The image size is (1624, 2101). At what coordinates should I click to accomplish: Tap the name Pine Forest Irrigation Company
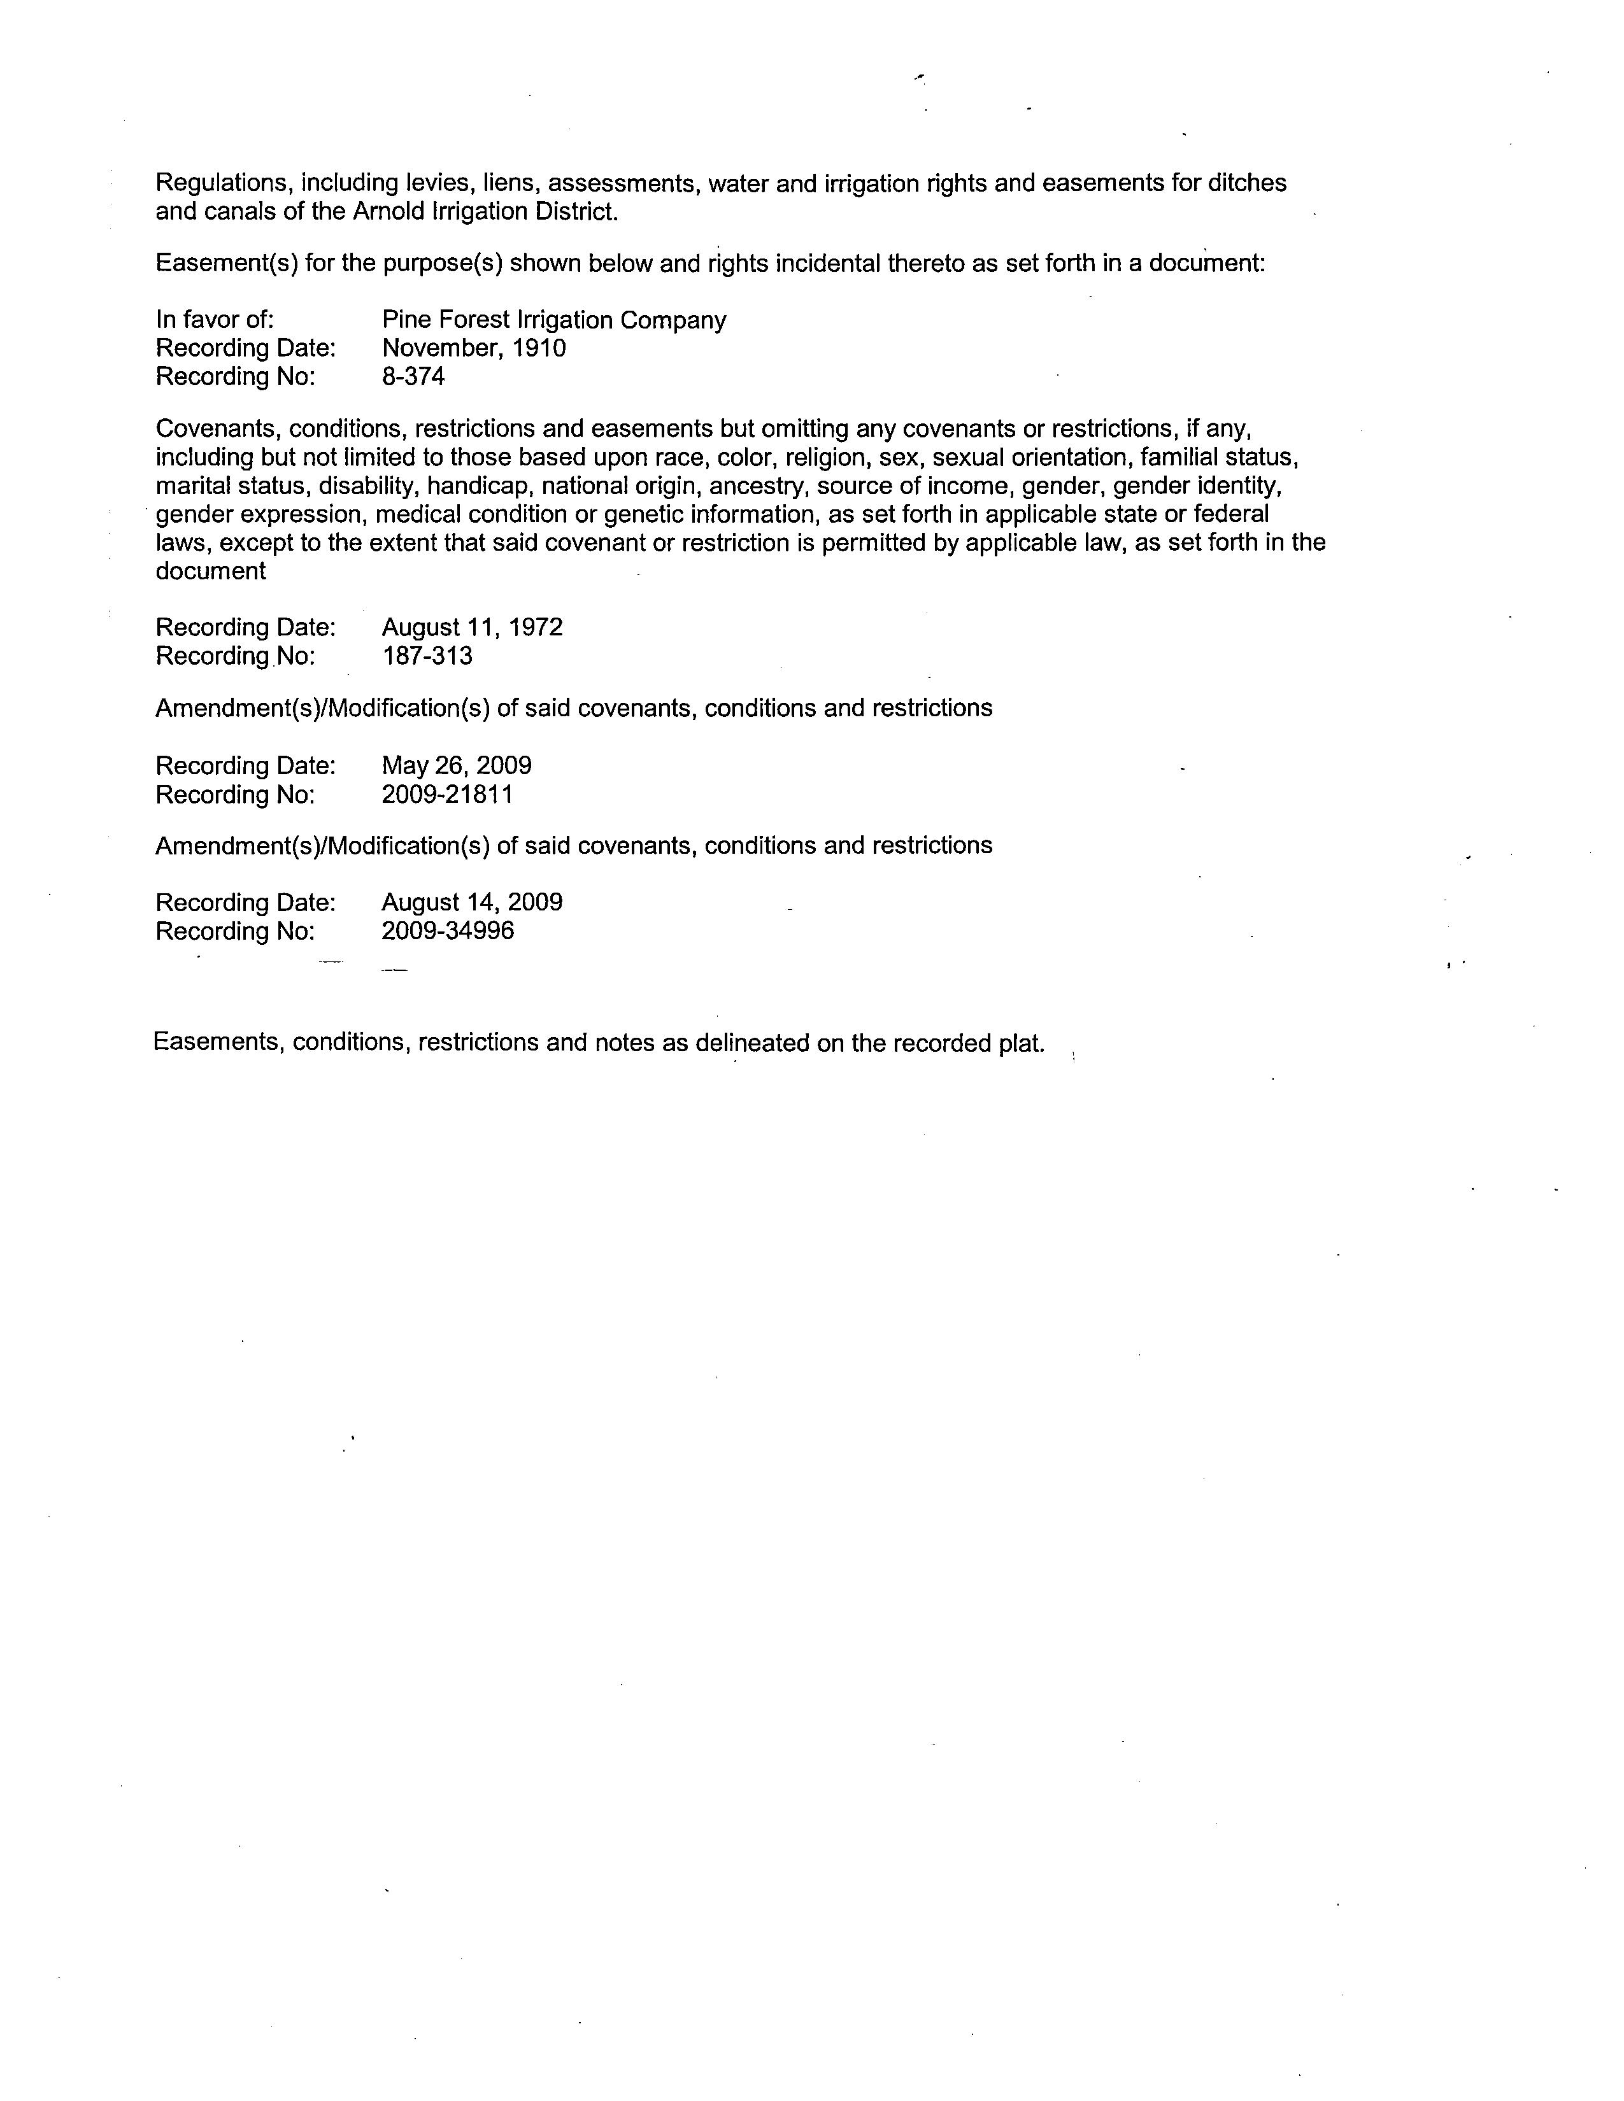[x=553, y=320]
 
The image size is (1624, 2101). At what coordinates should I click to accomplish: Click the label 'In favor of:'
[x=215, y=320]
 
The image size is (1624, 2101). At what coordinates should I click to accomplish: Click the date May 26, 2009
[x=456, y=766]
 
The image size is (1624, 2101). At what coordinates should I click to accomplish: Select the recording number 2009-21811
[x=446, y=795]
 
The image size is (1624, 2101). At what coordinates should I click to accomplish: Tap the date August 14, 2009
[x=471, y=902]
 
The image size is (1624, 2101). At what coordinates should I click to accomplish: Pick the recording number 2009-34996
[x=447, y=931]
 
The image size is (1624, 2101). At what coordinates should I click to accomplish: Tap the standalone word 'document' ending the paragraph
[x=211, y=572]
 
